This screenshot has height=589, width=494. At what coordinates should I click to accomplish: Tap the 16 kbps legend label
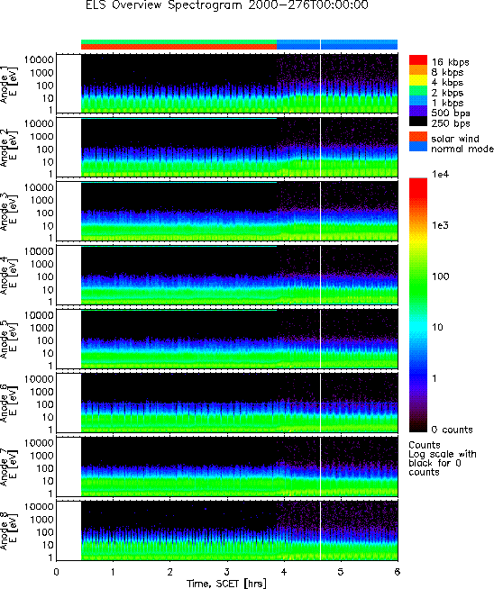[x=450, y=62]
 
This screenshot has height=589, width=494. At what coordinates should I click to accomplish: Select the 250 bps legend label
[x=451, y=123]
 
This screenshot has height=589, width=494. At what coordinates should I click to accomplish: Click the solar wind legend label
[x=455, y=139]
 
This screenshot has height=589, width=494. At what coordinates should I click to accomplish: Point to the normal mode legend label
[x=462, y=149]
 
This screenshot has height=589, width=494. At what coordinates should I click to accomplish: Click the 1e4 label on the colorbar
[x=440, y=174]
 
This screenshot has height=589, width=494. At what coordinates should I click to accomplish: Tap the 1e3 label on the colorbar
[x=440, y=225]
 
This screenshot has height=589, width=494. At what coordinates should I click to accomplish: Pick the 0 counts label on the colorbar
[x=452, y=430]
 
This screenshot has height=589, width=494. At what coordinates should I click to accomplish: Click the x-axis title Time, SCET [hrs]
[x=226, y=584]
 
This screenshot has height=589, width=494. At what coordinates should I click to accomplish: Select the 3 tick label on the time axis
[x=226, y=572]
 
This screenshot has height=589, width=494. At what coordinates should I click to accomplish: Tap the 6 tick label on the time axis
[x=398, y=572]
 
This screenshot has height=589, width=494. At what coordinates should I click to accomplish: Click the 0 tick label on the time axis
[x=57, y=572]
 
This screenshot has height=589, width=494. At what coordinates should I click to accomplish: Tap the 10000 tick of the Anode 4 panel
[x=39, y=251]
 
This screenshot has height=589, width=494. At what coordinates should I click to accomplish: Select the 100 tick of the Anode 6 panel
[x=45, y=404]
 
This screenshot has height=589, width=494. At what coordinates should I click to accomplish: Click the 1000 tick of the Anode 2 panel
[x=41, y=136]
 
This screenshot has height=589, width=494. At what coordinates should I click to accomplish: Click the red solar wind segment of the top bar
[x=179, y=47]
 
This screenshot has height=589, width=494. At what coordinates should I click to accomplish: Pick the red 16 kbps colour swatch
[x=418, y=60]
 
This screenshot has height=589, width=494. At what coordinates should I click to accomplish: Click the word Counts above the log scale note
[x=424, y=445]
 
